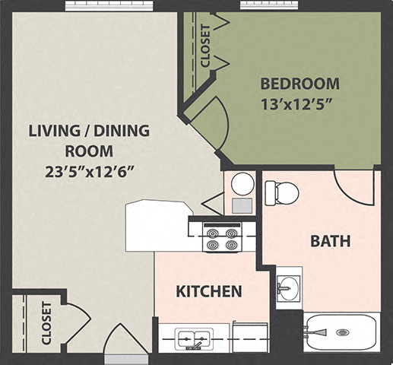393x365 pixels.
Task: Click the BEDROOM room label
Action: [300, 83]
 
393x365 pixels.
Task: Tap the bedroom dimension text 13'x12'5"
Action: [300, 102]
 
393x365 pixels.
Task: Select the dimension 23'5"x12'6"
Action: [89, 170]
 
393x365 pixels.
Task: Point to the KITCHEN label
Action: [209, 291]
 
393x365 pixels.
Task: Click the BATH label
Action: [330, 242]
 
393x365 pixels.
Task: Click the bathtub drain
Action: [342, 332]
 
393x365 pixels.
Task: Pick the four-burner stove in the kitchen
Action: [222, 239]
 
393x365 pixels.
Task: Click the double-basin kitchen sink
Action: [192, 338]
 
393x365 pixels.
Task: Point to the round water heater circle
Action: [242, 183]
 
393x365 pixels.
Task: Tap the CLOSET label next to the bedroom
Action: [205, 46]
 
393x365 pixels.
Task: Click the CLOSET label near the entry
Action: [46, 322]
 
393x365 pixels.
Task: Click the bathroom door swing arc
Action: [354, 189]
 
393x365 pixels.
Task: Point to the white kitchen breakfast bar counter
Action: [157, 225]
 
